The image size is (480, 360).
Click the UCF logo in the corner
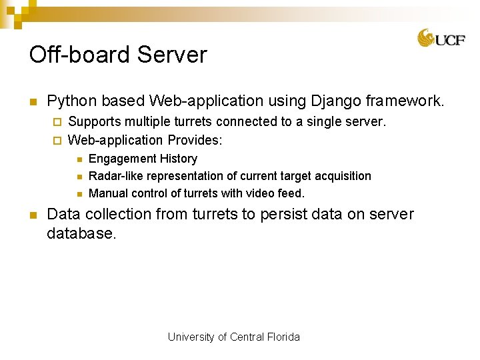tap(441, 38)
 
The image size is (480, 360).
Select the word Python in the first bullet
tap(70, 101)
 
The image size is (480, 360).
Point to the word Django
tap(330, 101)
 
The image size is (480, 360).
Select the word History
tap(179, 159)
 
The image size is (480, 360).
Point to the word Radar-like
tap(116, 176)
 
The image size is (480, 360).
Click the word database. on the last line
tap(81, 233)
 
